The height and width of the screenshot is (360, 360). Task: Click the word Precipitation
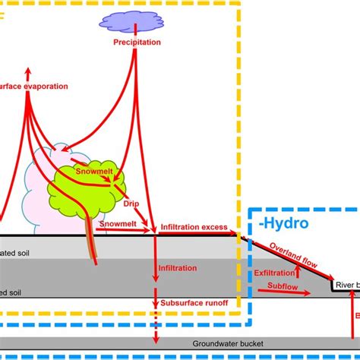point(137,43)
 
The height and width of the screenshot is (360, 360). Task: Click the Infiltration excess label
point(194,228)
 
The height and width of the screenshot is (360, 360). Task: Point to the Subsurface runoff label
point(194,303)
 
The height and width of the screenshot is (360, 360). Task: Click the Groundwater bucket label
point(227,343)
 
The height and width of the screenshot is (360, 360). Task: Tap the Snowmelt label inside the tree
point(95,173)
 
